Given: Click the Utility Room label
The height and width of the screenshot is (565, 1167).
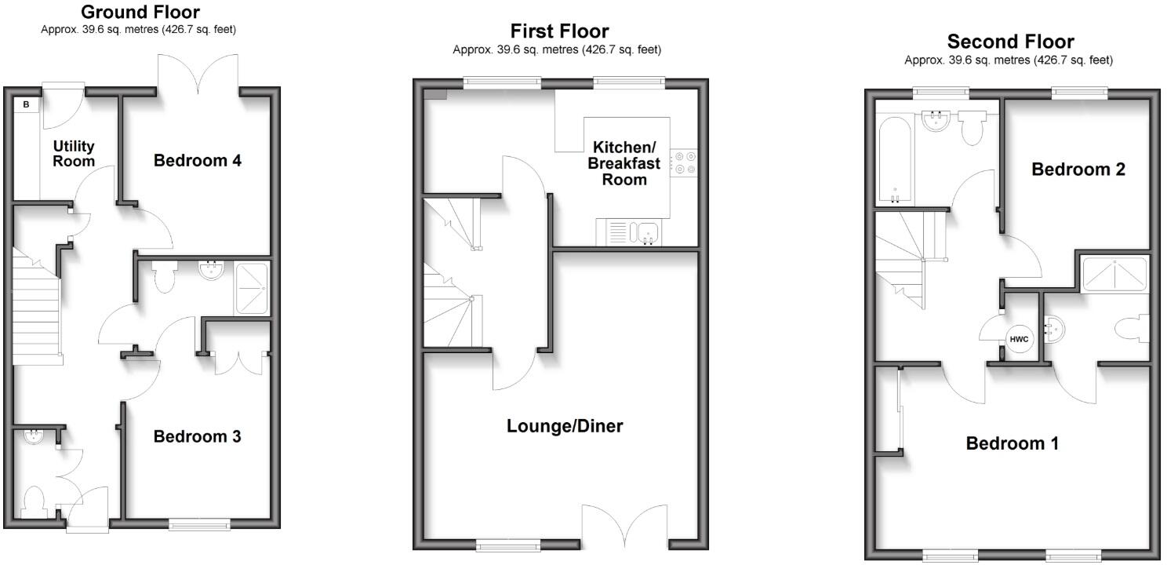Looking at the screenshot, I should point(74,153).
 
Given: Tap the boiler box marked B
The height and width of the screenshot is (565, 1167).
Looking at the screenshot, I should point(25,104).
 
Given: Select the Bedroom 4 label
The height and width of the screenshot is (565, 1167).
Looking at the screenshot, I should point(197,161).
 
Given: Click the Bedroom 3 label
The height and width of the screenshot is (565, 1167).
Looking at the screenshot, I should point(197,436).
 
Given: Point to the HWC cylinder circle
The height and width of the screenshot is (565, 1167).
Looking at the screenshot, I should point(1019,339).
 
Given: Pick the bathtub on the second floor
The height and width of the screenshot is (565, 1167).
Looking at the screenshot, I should point(894,159).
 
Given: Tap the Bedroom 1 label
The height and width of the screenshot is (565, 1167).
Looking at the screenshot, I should point(1012,443).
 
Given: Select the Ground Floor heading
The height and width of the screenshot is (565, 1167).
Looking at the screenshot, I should point(140,12).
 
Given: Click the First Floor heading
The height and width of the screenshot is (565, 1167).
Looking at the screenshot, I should point(558,31).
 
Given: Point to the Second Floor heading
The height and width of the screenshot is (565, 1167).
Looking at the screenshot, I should point(1010,41).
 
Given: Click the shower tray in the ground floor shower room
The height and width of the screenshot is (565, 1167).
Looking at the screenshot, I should point(251,287).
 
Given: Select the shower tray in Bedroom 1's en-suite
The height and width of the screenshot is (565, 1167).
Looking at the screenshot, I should point(1114,272).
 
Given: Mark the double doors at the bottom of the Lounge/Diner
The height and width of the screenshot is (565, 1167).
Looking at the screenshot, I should point(626,526).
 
